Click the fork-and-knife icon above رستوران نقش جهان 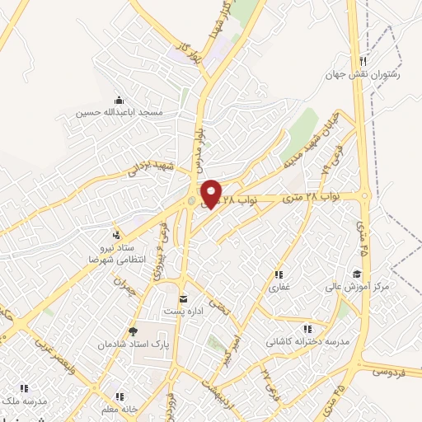tap(363, 62)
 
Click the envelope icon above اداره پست tap(183, 298)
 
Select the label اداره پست tap(184, 311)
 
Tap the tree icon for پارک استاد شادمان tap(131, 332)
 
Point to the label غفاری tap(277, 288)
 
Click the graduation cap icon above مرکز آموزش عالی tap(356, 274)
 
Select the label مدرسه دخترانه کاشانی tap(305, 340)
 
